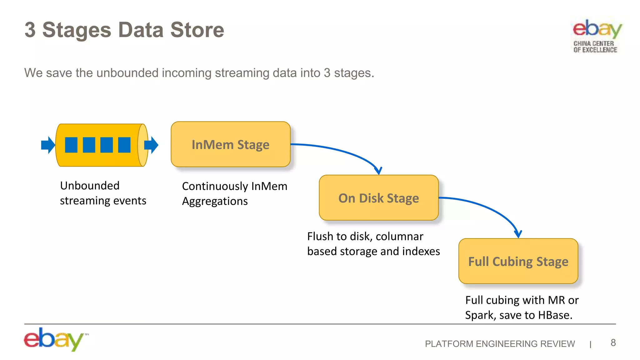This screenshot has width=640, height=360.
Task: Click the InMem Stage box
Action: (x=231, y=144)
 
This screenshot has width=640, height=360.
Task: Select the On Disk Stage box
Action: (x=378, y=198)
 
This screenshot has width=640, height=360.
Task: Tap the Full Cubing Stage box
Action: (x=518, y=261)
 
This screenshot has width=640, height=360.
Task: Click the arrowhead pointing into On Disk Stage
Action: (x=378, y=171)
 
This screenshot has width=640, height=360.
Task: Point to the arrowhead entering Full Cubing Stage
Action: (x=518, y=234)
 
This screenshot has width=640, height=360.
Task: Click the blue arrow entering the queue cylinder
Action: (x=48, y=145)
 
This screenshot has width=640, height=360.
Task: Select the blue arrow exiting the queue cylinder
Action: (x=152, y=145)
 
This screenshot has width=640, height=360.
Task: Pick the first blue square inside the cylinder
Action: (x=71, y=145)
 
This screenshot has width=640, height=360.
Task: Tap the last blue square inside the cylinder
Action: (x=124, y=145)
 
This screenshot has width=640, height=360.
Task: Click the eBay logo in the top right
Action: (x=597, y=29)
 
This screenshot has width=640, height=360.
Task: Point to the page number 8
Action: (x=613, y=343)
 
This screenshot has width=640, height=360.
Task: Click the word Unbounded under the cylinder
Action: (x=90, y=186)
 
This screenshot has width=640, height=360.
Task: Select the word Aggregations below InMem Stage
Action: (x=215, y=201)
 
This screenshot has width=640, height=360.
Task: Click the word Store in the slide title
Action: (x=197, y=30)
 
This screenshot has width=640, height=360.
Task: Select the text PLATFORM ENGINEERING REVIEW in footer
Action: (x=500, y=344)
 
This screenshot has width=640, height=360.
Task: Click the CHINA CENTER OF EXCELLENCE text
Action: (x=595, y=47)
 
